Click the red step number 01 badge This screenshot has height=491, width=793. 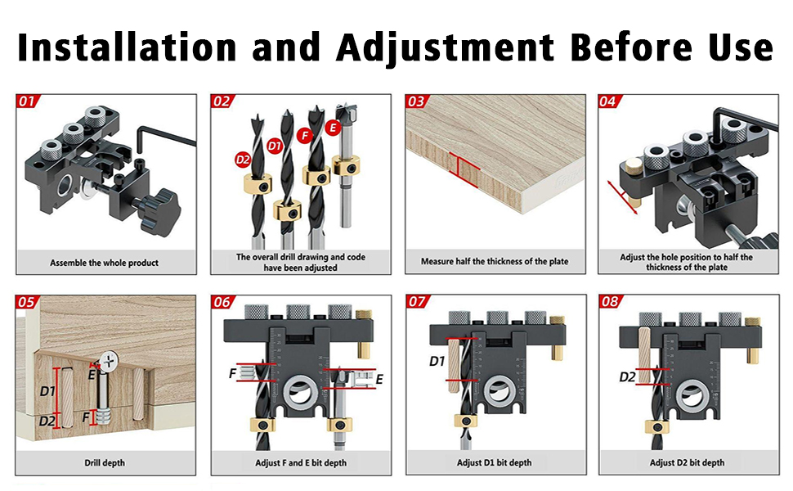(27, 101)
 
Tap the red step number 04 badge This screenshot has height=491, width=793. (608, 101)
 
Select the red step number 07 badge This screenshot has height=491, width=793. (417, 302)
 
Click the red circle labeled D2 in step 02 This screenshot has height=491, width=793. (243, 160)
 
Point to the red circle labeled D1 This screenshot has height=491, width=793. (274, 146)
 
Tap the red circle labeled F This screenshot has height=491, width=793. (304, 135)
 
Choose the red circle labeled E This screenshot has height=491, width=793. (332, 127)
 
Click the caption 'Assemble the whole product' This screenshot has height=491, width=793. (104, 263)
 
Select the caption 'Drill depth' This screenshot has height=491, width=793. (104, 462)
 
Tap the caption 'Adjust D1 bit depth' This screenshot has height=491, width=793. (494, 462)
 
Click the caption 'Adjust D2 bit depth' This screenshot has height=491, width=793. (687, 462)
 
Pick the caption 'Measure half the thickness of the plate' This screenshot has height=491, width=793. (495, 261)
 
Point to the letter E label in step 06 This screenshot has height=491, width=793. (379, 379)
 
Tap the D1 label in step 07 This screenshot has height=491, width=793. (437, 361)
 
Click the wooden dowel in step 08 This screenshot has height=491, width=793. (644, 355)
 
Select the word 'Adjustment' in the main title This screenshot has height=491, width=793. (445, 47)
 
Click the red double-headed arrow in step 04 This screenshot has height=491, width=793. (623, 197)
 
